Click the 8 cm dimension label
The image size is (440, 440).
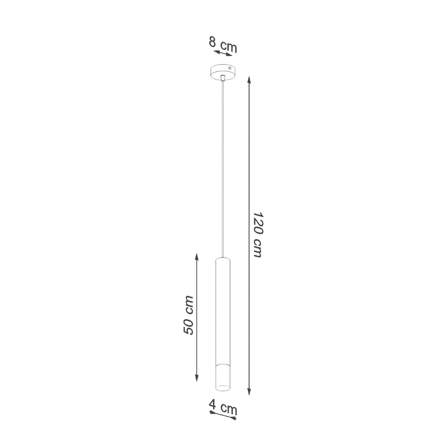click(223, 44)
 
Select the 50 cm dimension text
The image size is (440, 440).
click(188, 315)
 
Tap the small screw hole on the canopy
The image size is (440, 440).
click(230, 68)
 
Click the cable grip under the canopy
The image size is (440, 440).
click(223, 77)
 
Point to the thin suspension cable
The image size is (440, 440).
click(223, 165)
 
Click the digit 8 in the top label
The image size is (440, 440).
click(212, 42)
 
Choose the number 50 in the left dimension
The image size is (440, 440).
click(188, 326)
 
